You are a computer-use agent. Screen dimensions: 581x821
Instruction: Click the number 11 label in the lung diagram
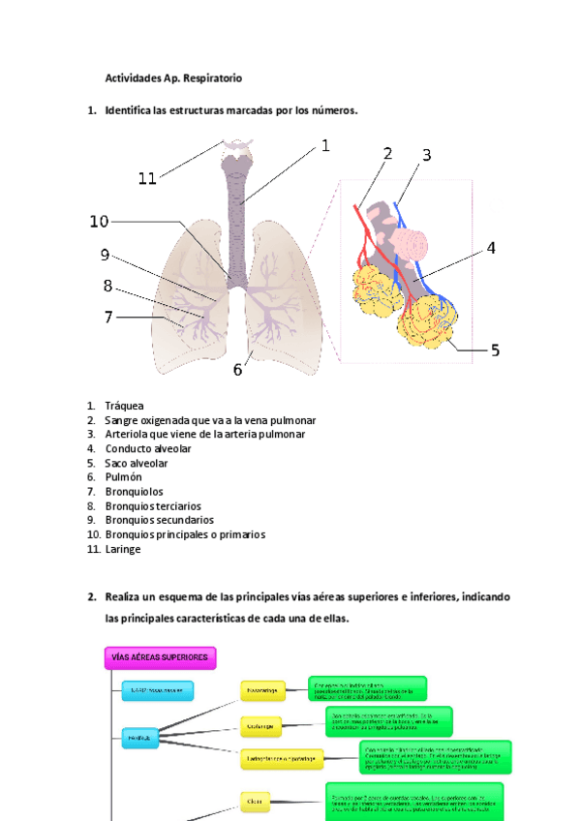coord(147,178)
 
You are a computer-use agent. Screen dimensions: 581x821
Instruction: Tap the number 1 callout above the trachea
coord(325,146)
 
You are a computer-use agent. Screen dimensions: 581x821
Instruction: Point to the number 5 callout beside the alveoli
coord(495,350)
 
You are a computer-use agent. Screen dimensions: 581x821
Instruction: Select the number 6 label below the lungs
coord(237,370)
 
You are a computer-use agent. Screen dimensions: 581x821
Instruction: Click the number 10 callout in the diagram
coord(99,222)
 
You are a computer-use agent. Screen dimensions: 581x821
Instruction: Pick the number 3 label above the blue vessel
coord(426,155)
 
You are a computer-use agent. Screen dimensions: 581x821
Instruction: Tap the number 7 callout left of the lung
coord(108,317)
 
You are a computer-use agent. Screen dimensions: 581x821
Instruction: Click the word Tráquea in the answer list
coord(124,406)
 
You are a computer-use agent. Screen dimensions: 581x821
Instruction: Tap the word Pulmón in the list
coord(123,477)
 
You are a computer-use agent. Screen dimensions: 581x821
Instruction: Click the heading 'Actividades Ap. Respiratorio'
coord(173,76)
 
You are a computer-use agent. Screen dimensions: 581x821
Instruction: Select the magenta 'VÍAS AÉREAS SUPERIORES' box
coord(160,658)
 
